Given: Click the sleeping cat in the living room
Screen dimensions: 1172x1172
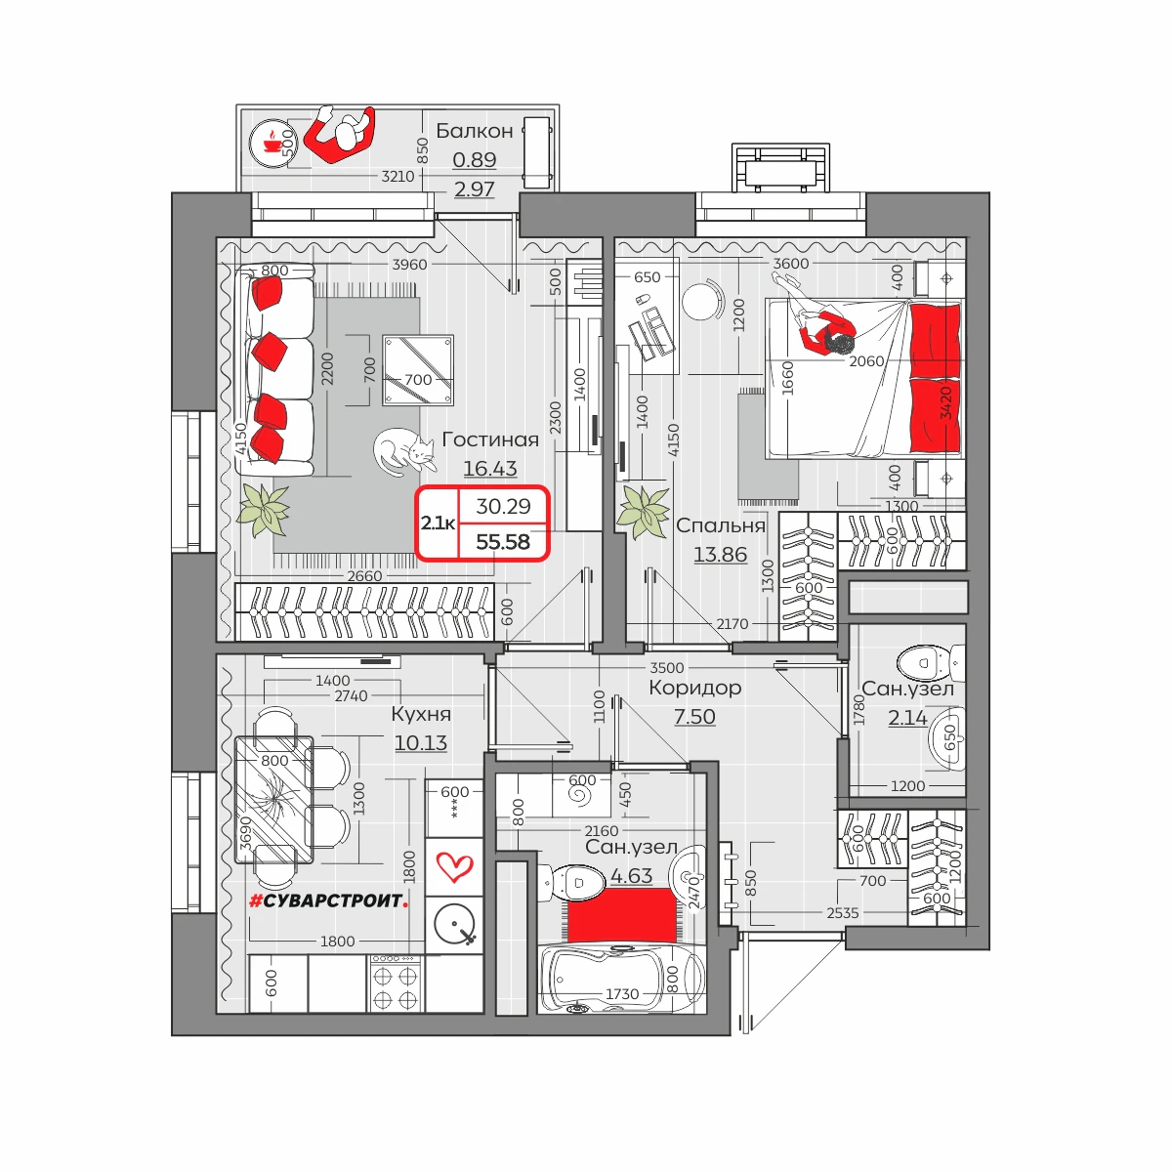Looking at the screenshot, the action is (x=404, y=451).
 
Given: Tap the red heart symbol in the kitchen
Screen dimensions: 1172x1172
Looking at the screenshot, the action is (x=455, y=866).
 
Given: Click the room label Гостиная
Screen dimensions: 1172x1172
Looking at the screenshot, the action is (x=490, y=439).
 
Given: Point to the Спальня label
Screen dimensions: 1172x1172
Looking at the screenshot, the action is (x=721, y=525).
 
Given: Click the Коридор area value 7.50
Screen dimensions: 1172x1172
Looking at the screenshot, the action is (x=694, y=717).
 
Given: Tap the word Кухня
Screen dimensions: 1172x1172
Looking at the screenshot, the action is (x=421, y=713).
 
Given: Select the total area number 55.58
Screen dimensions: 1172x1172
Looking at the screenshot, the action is (x=503, y=541).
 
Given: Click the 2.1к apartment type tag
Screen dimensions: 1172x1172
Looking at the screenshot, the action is (x=438, y=523).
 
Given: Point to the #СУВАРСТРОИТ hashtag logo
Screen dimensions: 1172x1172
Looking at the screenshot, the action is (x=328, y=900).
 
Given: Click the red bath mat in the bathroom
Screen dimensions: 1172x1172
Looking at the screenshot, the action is (x=622, y=915).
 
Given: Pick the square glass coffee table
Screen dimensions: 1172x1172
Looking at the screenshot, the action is (x=418, y=370).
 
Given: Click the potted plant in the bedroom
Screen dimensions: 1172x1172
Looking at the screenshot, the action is (x=643, y=510).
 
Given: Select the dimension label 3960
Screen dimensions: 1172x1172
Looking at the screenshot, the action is (x=409, y=265).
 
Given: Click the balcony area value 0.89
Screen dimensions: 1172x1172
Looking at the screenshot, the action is (x=475, y=159).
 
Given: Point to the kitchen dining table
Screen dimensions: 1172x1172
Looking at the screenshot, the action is (x=274, y=799).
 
